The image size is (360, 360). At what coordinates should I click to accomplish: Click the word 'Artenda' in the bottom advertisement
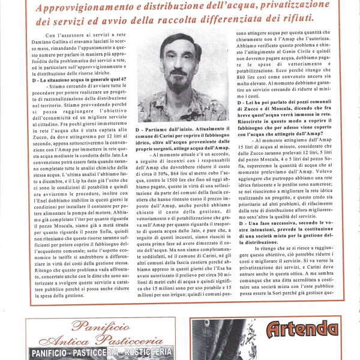point(302,329)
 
